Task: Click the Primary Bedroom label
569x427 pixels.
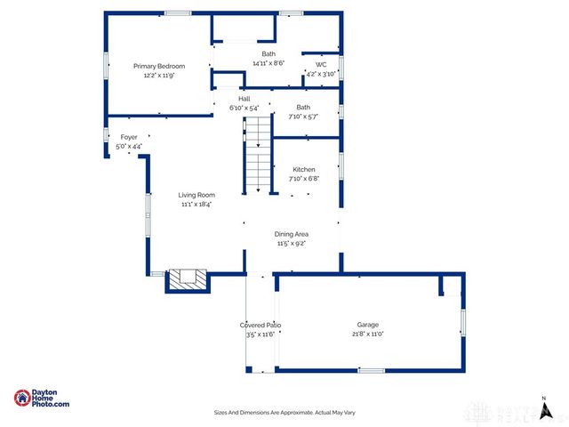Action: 159,66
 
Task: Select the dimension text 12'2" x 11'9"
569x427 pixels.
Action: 159,76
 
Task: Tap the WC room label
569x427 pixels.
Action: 320,64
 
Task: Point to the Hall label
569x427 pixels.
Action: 231,99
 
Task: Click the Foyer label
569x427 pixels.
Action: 129,137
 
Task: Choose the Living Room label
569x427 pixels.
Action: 196,195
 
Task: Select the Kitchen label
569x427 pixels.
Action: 304,169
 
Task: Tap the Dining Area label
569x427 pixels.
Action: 291,234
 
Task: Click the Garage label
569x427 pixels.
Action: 368,325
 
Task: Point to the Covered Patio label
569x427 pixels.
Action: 260,326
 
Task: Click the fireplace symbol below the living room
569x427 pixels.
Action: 187,279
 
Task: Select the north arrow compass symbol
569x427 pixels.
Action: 543,409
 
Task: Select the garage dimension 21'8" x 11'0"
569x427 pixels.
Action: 368,334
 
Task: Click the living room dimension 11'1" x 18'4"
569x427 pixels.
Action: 196,204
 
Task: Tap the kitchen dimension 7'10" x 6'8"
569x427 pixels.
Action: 304,178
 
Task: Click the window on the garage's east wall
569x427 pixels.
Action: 462,322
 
